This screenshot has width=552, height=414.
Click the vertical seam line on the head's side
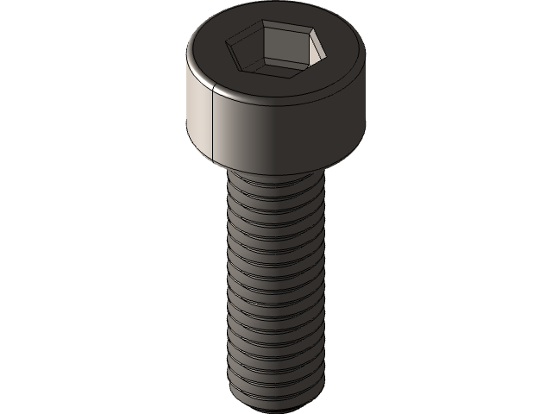212,121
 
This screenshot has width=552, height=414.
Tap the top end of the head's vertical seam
212,88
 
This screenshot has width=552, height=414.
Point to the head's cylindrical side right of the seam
285,134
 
